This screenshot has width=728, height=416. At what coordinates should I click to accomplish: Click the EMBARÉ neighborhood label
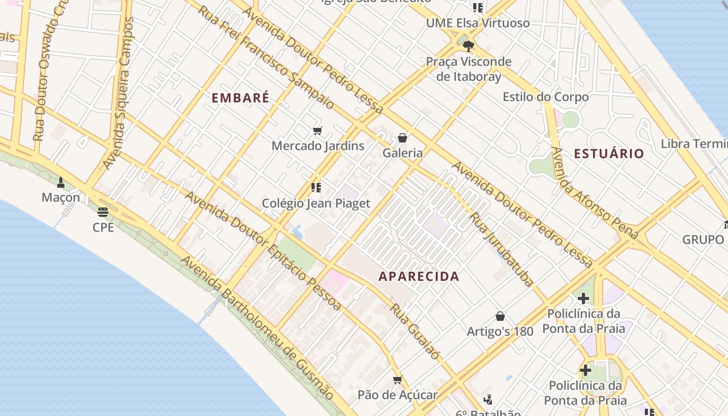(241, 98)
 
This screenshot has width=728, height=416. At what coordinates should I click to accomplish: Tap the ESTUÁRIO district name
(609, 153)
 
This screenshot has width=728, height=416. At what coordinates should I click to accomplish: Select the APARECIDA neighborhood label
(419, 277)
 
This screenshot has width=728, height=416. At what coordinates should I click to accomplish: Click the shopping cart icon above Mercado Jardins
(317, 131)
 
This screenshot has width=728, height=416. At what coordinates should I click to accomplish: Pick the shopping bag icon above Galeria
(402, 138)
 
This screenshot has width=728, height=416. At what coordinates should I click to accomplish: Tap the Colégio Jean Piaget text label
(316, 203)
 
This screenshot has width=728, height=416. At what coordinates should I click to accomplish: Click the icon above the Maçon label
(61, 182)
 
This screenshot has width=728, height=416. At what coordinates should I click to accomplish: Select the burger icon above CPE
(103, 212)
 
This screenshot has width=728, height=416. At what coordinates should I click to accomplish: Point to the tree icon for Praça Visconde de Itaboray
(468, 46)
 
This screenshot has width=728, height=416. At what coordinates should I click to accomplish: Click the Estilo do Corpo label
(545, 97)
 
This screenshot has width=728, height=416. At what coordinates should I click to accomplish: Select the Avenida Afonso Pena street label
(594, 193)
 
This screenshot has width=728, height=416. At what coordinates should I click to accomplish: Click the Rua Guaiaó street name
(415, 332)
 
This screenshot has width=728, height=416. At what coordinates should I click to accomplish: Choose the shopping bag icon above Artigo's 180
(500, 316)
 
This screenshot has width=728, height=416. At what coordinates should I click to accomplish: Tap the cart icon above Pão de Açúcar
(398, 380)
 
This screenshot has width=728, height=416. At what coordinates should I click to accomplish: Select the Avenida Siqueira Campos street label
(119, 94)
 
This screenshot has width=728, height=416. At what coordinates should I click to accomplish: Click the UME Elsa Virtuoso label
(477, 23)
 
